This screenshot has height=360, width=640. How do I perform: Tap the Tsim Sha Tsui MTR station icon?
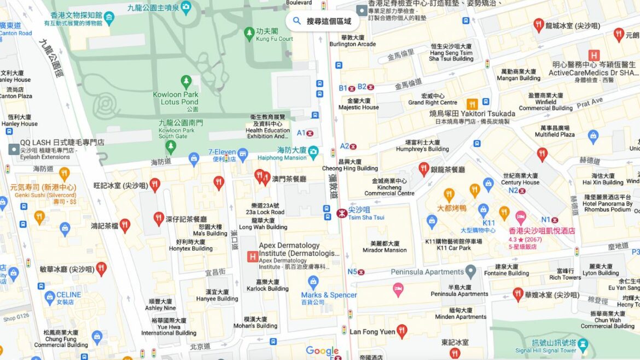pos(342,213)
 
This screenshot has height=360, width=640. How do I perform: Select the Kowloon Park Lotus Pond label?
pos(175,98)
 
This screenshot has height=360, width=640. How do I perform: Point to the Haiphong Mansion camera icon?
pos(313,150)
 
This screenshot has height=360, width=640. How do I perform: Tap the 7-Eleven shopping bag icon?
pos(194,159)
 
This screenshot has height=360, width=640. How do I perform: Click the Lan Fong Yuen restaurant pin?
pos(402,330)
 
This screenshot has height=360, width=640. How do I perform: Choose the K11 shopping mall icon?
pos(483,210)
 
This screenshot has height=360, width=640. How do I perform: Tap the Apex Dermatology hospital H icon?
pos(252,256)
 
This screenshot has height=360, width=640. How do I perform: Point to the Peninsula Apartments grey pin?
pos(470,271)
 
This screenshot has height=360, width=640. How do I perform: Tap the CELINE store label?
pos(68,295)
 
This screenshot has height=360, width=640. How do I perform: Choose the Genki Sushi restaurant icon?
pos(64,174)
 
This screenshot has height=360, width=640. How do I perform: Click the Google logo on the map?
pos(322,351)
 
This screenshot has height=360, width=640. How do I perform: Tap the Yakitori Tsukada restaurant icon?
pos(472,104)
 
